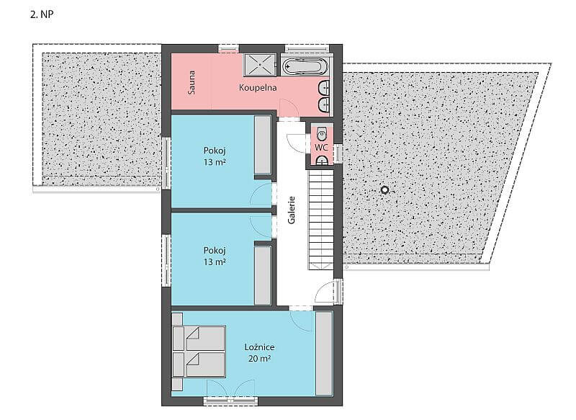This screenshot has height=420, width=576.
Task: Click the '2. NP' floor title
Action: click(42, 14)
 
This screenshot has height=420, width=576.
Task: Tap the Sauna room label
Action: click(192, 83)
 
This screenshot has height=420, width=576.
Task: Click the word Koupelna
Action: click(258, 88)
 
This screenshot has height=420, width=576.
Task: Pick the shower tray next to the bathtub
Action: click(261, 65)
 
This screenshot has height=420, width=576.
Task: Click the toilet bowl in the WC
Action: click(322, 134)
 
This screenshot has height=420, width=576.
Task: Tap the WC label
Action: click(321, 148)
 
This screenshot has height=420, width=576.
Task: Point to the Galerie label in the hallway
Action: click(292, 210)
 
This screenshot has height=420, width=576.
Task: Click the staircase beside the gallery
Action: click(320, 220)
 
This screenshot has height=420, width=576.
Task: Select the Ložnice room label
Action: click(259, 347)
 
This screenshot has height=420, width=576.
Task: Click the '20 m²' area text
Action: click(259, 358)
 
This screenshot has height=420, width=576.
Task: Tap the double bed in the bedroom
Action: click(199, 352)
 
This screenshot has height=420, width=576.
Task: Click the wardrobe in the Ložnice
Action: click(324, 353)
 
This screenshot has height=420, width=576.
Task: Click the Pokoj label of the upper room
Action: click(215, 151)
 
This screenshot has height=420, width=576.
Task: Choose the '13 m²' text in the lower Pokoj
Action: click(215, 262)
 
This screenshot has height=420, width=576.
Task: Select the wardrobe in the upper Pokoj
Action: click(263, 145)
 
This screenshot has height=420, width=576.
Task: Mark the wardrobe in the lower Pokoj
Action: click(263, 275)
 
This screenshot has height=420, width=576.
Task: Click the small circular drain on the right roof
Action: click(384, 190)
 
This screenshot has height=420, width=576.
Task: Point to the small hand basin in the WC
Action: click(322, 160)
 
